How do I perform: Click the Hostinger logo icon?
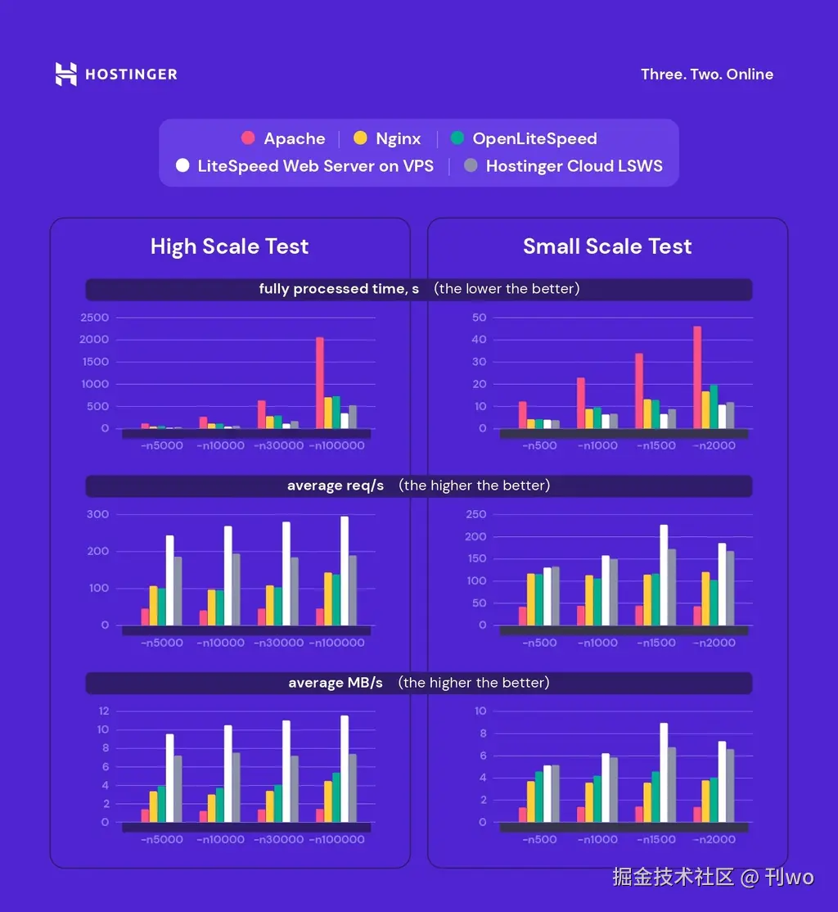click(66, 74)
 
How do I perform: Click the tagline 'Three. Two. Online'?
click(706, 74)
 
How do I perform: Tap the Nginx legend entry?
click(387, 139)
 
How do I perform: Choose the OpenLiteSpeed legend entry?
click(524, 139)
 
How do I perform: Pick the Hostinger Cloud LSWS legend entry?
click(563, 166)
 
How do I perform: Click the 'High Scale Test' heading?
click(229, 246)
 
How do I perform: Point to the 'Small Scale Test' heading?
click(607, 246)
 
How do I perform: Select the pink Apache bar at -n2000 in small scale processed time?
click(697, 377)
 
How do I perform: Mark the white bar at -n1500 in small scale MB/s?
click(664, 772)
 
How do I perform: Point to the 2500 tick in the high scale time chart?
click(94, 318)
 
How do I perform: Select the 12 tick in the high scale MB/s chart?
click(103, 711)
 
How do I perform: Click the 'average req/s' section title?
click(336, 485)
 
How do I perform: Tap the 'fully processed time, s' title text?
click(339, 289)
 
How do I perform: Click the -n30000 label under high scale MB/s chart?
click(278, 839)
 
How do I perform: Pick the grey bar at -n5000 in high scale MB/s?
click(178, 788)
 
